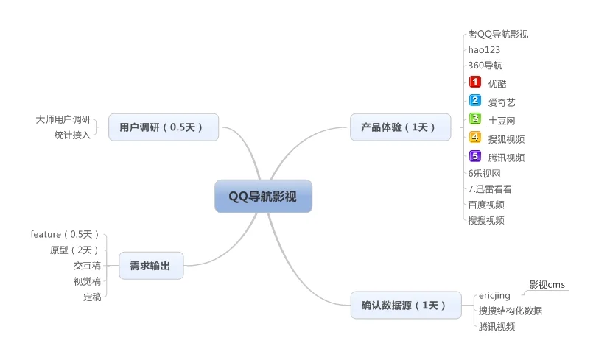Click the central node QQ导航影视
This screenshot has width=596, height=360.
[263, 196]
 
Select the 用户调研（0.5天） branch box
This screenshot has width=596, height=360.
[164, 127]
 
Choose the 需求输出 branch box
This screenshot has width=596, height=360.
[150, 266]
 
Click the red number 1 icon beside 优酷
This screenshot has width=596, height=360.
[475, 82]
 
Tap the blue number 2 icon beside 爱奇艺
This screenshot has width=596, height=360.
[475, 101]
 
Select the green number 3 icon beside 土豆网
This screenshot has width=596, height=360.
[475, 119]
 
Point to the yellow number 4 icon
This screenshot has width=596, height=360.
[475, 138]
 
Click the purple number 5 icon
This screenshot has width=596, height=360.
[475, 156]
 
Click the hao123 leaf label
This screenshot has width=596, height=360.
[484, 49]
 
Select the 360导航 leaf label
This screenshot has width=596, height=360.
[485, 65]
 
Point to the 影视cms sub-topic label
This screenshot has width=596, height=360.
[547, 285]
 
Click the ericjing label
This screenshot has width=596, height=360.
[494, 296]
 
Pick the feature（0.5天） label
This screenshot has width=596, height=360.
[65, 235]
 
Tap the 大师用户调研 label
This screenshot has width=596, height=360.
[63, 119]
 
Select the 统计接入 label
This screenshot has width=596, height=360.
[72, 135]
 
